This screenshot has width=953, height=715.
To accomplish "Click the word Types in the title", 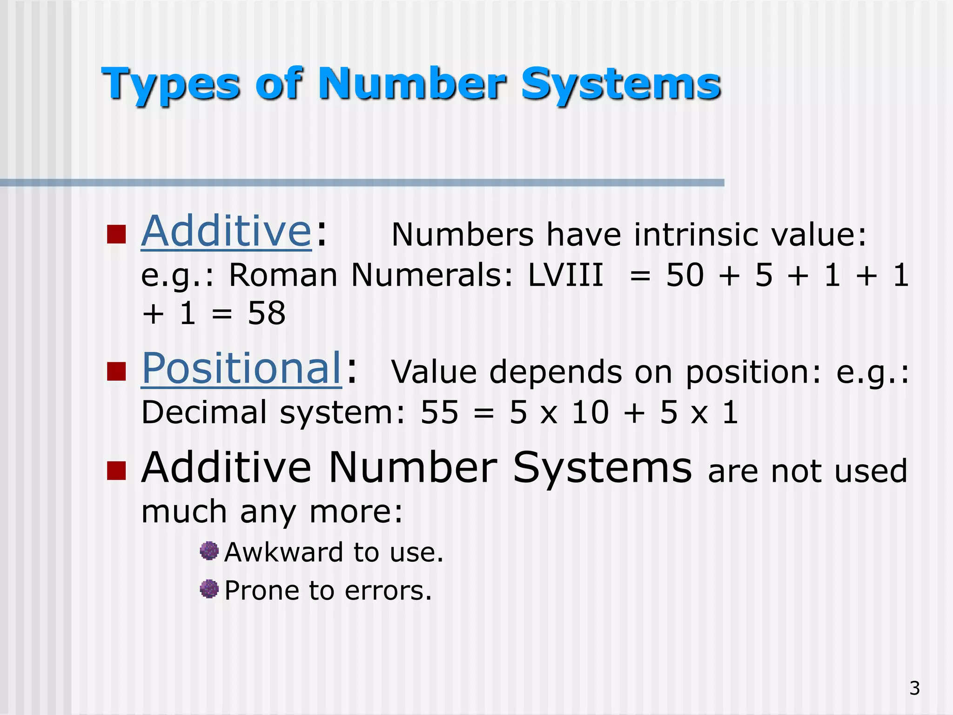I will pyautogui.click(x=170, y=85).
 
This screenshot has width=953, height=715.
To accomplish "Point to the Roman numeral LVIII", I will pyautogui.click(x=565, y=275).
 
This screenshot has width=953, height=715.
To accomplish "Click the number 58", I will pyautogui.click(x=266, y=313).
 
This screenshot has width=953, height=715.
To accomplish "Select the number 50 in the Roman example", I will pyautogui.click(x=685, y=275).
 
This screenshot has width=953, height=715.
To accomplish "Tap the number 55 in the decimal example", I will pyautogui.click(x=439, y=412).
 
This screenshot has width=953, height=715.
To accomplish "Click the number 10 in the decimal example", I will pyautogui.click(x=590, y=412).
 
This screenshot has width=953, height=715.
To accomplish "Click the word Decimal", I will pyautogui.click(x=204, y=412).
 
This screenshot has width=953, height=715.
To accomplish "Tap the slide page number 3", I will pyautogui.click(x=914, y=688).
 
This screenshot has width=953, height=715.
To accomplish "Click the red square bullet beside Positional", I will pyautogui.click(x=116, y=371).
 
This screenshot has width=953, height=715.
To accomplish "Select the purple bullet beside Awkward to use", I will pyautogui.click(x=209, y=551).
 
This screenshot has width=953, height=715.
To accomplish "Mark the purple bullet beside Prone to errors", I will pyautogui.click(x=209, y=589).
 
